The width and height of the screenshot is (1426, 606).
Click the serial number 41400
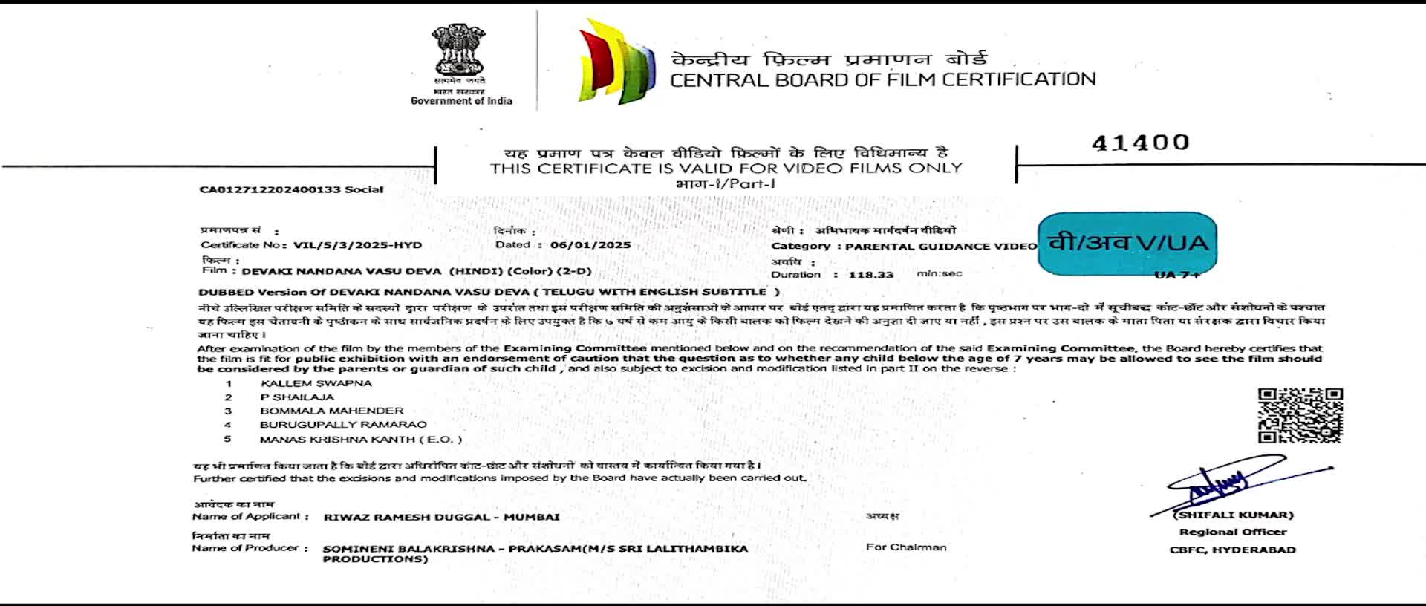click(x=1140, y=143)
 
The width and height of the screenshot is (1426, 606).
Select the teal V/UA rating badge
click(x=1127, y=244)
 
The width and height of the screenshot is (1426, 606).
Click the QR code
click(x=1300, y=415)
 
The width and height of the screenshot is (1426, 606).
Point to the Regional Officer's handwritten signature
click(x=1225, y=483)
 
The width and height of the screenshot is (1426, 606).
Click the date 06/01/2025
click(x=590, y=245)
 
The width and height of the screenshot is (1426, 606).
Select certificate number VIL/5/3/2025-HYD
click(x=357, y=245)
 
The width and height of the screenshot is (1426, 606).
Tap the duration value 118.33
click(x=870, y=275)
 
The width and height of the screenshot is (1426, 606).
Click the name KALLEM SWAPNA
click(x=316, y=384)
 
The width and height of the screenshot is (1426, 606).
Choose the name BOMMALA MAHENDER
click(x=331, y=411)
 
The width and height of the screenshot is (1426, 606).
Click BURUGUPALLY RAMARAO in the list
click(x=343, y=425)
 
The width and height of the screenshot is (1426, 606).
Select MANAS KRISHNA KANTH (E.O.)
click(x=360, y=440)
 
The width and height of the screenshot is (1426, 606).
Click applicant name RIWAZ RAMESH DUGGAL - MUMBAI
click(x=441, y=517)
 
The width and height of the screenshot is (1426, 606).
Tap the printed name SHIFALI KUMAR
click(x=1234, y=515)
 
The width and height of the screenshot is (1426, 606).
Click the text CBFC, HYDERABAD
click(x=1232, y=550)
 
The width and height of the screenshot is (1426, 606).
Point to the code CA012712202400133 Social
click(x=291, y=189)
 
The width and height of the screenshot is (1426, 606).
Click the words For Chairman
click(x=906, y=547)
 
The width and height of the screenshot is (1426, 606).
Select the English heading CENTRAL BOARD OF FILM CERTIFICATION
click(x=882, y=80)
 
